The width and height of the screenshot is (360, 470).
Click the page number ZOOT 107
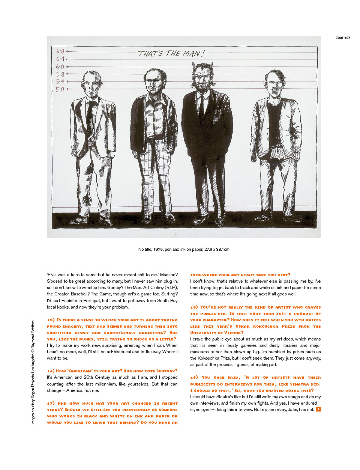[x=343, y=38]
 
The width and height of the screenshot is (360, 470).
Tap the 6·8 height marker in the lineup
[x=60, y=51]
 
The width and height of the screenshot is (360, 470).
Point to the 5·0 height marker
[x=60, y=89]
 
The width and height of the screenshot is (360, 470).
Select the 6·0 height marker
[x=60, y=67]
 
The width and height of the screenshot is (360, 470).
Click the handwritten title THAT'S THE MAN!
[x=171, y=54]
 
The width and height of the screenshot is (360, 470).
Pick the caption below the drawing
[x=184, y=249]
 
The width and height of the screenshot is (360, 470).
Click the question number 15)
[x=51, y=320]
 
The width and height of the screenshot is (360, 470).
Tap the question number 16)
[x=51, y=371]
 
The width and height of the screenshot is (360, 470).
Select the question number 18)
[x=194, y=307]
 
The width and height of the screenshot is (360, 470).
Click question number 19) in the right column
[x=194, y=378]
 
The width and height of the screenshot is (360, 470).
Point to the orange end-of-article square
[x=318, y=409]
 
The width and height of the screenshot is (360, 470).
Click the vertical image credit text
[x=33, y=372]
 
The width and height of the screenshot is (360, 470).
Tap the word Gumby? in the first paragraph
[x=116, y=288]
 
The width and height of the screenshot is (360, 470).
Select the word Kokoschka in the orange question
[x=266, y=326]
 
